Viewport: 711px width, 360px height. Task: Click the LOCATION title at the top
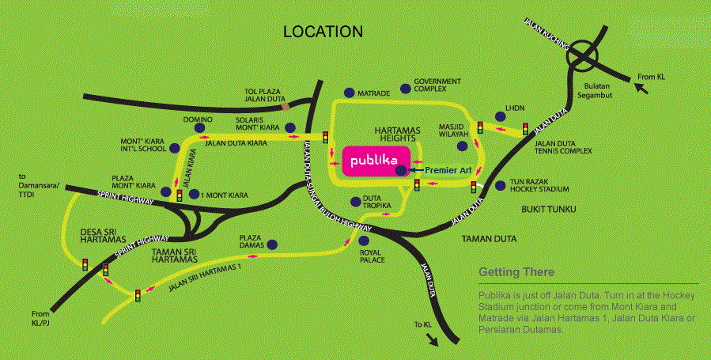point(323,32)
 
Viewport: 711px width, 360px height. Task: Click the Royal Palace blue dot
point(364,241)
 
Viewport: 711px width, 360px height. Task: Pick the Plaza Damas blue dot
point(272,244)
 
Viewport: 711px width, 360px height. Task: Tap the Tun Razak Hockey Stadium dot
point(500,186)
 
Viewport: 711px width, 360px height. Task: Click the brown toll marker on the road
point(295,104)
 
